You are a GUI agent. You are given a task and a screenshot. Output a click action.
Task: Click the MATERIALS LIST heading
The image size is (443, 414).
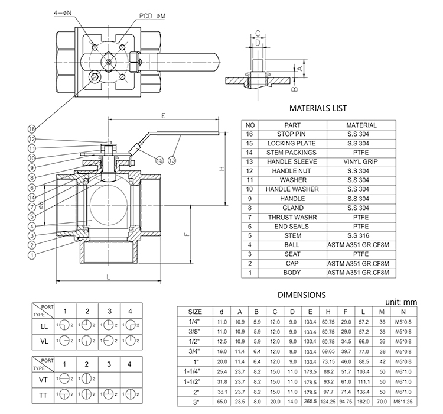click(x=318, y=108)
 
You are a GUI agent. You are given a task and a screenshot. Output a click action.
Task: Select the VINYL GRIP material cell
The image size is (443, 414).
click(x=361, y=161)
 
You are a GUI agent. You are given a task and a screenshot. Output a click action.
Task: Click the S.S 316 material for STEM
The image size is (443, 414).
click(x=361, y=235)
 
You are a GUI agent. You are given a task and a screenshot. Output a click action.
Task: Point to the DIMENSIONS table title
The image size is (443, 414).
click(x=301, y=294)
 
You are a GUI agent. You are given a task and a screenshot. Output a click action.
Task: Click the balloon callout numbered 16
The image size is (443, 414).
click(x=31, y=128)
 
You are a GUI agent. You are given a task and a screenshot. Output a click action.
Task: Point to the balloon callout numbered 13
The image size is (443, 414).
click(x=172, y=160)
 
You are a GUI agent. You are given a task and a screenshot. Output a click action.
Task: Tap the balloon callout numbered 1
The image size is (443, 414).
click(x=31, y=255)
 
